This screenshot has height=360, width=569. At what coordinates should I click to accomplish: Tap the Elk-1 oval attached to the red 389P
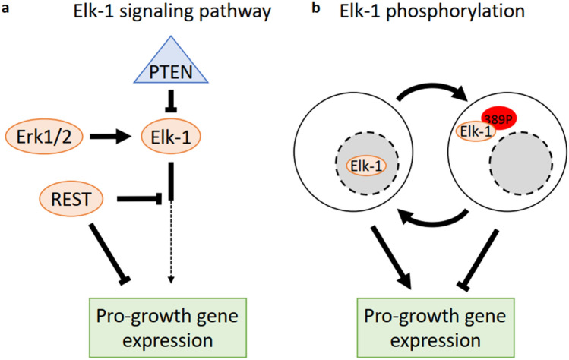click(x=473, y=131)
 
